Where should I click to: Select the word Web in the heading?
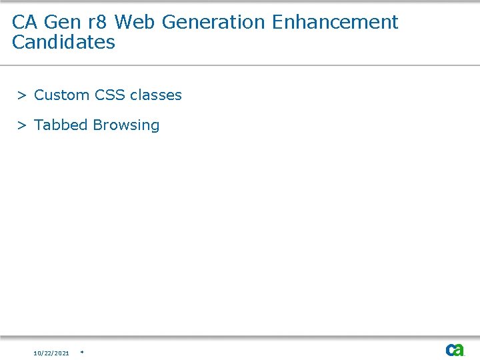(x=135, y=22)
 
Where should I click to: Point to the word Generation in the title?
(x=213, y=22)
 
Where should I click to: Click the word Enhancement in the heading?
(x=335, y=22)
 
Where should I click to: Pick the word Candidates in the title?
(x=63, y=42)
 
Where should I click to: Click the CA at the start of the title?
(x=25, y=22)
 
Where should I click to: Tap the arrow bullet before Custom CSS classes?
(x=22, y=95)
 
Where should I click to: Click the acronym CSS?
(x=110, y=95)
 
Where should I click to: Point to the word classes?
(x=156, y=95)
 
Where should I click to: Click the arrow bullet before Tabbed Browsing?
(x=22, y=125)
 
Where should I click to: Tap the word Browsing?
(x=127, y=125)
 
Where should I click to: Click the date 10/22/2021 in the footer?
(x=51, y=353)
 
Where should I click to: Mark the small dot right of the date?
(x=81, y=351)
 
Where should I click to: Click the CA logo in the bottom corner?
(x=455, y=350)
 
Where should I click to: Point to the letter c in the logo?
(x=450, y=350)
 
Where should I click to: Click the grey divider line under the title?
(x=240, y=65)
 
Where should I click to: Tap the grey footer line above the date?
(x=240, y=336)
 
